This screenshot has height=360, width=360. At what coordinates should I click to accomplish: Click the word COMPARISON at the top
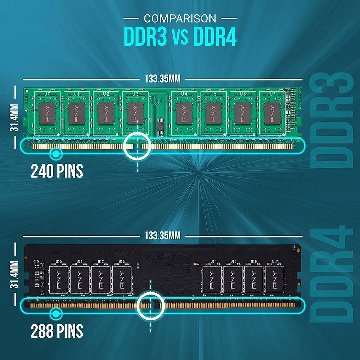click(x=180, y=18)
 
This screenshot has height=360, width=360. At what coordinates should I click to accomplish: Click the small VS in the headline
click(x=180, y=37)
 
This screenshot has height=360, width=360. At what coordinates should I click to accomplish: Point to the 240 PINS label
click(x=57, y=171)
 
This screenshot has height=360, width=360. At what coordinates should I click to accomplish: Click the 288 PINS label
click(x=57, y=330)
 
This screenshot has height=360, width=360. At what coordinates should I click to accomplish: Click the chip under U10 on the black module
click(x=59, y=279)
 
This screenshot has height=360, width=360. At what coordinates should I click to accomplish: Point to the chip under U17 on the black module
click(x=274, y=279)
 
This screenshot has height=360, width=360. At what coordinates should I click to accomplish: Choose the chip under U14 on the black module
click(x=212, y=279)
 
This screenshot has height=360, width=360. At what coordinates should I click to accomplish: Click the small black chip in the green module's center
click(x=160, y=126)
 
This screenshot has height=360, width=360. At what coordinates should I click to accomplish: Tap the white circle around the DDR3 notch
click(x=137, y=146)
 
